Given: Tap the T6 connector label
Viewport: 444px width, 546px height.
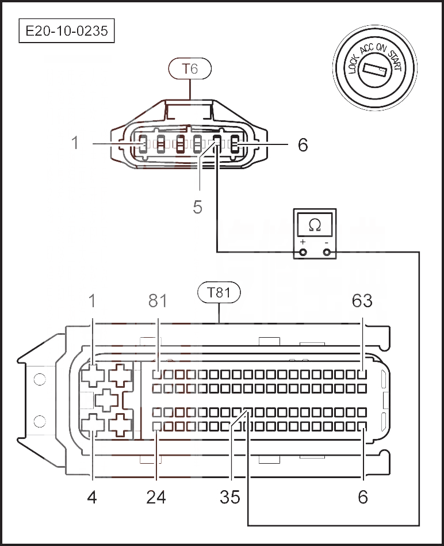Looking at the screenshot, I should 190,69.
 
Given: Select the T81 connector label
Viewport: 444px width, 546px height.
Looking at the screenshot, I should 219,293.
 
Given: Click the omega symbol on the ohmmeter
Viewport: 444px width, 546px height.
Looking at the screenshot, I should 315,224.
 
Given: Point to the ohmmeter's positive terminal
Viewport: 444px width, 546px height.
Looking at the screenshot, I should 303,251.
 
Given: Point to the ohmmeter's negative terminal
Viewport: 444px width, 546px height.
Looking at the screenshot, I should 327,251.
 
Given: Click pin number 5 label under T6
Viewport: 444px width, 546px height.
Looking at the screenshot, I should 198,207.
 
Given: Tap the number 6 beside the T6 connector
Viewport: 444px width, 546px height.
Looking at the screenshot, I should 303,144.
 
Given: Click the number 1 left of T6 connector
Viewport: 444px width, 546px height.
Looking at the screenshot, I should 75,143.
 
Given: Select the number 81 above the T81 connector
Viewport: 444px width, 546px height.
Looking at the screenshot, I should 157,301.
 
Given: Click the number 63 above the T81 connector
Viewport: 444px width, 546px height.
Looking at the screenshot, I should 362,301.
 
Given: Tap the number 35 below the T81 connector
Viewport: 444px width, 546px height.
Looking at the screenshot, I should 230,497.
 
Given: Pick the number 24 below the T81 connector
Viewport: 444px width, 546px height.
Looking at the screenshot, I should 156,497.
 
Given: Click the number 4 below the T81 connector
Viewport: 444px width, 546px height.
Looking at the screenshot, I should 92,497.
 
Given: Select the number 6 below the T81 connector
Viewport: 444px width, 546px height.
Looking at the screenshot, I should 362,497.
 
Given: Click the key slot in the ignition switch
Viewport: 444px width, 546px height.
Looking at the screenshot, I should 376,71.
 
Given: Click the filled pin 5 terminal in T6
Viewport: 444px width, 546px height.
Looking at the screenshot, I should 217,143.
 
